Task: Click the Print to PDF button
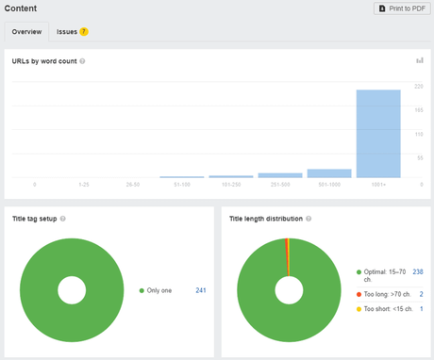tap(402, 8)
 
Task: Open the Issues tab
tap(67, 31)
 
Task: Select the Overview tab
tap(26, 31)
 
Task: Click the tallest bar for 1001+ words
tap(378, 133)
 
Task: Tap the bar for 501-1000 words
tap(329, 173)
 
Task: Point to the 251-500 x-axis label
tap(280, 184)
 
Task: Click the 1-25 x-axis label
tap(84, 184)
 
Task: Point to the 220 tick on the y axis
tap(418, 87)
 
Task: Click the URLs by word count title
tap(43, 61)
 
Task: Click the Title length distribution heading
tap(265, 219)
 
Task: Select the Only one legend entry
tap(158, 290)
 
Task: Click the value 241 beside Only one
tap(200, 290)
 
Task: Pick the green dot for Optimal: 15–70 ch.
tap(359, 271)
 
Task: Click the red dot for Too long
tap(359, 294)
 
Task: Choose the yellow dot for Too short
tap(359, 309)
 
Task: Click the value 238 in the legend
tap(416, 271)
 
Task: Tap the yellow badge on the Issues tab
tap(84, 31)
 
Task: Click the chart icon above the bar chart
tap(419, 61)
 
